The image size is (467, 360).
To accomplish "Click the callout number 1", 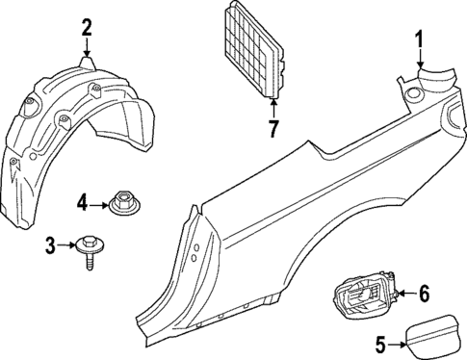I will coord(420,39).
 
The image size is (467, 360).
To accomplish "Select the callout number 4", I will coord(83,202).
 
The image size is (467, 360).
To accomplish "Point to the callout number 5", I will coord(379,342).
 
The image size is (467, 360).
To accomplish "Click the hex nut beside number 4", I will coord(121,203).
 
